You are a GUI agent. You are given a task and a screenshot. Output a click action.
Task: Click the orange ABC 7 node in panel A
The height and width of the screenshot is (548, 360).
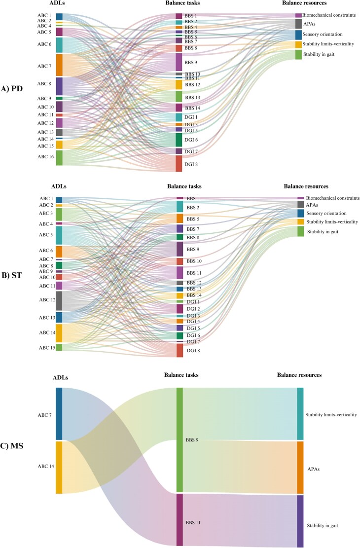[x=59, y=65]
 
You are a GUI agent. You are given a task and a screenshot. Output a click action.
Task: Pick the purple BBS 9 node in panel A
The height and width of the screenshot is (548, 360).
[x=179, y=62]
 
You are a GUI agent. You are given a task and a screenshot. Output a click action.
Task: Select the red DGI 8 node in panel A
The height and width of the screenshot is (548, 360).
[x=179, y=163]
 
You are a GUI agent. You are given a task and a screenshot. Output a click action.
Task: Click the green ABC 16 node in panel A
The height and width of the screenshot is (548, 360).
[x=59, y=158]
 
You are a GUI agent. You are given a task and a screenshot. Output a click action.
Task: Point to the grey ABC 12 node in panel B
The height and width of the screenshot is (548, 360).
[x=59, y=300]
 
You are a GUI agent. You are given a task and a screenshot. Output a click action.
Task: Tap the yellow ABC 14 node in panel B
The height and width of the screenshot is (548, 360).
[x=59, y=333]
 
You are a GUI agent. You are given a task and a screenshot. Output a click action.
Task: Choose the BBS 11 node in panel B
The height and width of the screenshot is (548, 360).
[x=180, y=272]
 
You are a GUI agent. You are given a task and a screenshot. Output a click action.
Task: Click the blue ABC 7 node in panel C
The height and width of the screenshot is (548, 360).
[x=59, y=413]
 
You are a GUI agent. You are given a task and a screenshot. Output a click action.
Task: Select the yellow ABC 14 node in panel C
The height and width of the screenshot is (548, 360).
[x=59, y=467]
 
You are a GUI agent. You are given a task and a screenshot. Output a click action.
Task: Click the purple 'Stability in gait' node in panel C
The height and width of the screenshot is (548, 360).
[x=300, y=521]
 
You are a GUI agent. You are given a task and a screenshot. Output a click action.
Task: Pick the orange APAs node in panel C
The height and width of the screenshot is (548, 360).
[x=300, y=467]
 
